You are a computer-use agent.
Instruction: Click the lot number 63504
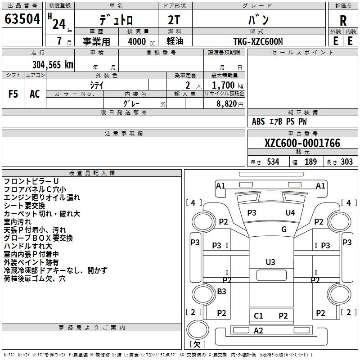coord(22,19)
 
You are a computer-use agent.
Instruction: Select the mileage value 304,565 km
coord(53,65)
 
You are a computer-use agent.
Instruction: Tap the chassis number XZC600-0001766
coord(302,143)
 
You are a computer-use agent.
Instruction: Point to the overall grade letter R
coord(343,21)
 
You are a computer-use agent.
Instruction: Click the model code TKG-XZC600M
coord(258,41)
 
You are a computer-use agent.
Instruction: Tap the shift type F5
coord(13,94)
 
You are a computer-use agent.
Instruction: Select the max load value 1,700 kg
coord(228,85)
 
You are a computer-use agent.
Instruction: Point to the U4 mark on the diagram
coord(290,212)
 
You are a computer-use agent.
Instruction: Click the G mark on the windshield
coord(284,229)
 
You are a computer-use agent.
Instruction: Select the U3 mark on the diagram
coord(270,262)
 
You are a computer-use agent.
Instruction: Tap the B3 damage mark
coord(221,291)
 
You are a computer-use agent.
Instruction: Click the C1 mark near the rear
coord(258,316)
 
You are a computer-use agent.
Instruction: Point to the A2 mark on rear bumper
coord(258,331)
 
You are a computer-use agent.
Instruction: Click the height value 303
coord(346,162)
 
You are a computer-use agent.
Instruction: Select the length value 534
coord(273,162)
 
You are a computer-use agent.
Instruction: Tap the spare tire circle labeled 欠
coord(198,330)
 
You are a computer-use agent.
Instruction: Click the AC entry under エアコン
coord(35,94)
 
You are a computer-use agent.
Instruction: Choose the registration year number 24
coord(59,24)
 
